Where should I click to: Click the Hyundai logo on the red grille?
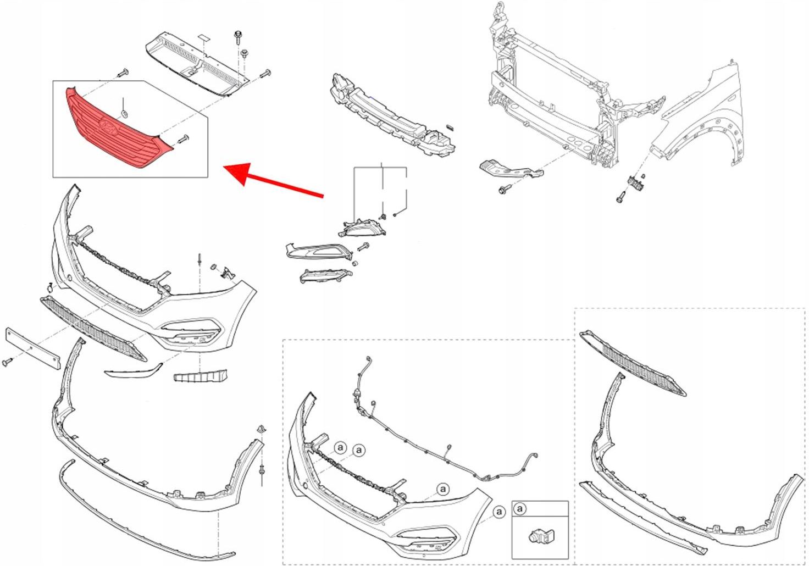pos(109,126)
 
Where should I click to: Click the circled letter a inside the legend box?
pos(521,509)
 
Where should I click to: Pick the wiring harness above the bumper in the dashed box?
pos(440,440)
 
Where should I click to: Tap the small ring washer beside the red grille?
pos(125,114)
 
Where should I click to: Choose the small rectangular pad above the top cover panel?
pos(204,37)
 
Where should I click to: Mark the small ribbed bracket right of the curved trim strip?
pos(200,377)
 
